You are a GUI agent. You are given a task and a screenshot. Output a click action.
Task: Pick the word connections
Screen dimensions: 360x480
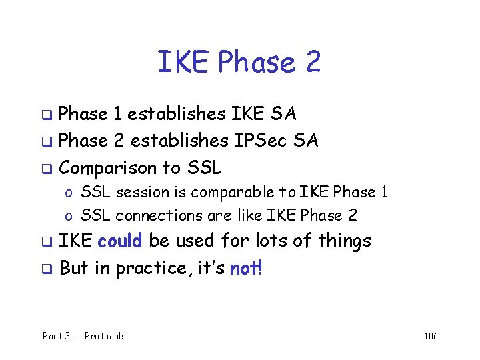point(159,215)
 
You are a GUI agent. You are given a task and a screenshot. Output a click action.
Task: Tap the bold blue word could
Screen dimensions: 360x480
point(120,241)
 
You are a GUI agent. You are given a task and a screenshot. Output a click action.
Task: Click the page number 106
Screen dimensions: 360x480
point(431,336)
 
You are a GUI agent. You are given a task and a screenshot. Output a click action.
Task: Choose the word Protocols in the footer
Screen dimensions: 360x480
point(103,336)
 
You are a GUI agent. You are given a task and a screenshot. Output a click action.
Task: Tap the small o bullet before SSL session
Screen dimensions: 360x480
point(69,194)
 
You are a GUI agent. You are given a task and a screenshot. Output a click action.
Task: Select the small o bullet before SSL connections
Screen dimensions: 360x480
point(69,217)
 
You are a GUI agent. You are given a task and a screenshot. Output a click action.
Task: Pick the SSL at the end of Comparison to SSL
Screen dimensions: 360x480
point(201,167)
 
